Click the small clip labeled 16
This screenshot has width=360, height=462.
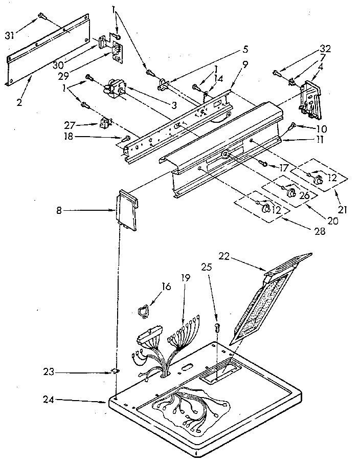click(144, 310)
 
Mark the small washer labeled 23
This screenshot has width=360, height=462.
click(116, 371)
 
